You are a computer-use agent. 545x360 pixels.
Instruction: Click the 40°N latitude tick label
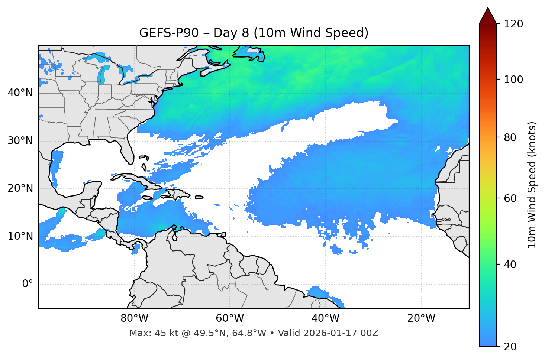(20, 93)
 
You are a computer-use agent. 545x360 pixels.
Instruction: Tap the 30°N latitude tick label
(20, 141)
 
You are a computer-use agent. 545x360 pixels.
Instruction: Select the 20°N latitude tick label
(20, 188)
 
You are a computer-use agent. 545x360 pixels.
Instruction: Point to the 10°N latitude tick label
(20, 236)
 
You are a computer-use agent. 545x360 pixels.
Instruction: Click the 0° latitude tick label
(28, 284)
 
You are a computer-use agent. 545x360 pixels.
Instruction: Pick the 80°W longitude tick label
(134, 318)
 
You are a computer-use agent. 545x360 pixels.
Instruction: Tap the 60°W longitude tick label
(230, 318)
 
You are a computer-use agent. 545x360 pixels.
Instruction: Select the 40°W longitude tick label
(326, 318)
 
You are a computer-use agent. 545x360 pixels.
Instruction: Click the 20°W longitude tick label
(421, 318)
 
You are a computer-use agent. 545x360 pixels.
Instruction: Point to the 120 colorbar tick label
(513, 24)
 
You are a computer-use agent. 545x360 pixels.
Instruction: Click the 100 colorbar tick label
(513, 80)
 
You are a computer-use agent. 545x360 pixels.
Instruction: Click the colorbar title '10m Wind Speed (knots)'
(532, 185)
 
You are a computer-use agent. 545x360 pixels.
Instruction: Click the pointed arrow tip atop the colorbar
(488, 8)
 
